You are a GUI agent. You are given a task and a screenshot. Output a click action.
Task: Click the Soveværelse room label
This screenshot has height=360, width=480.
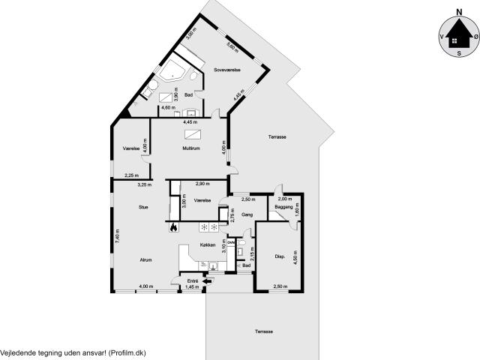226,70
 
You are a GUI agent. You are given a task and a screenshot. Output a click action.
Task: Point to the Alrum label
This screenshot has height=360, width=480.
145,259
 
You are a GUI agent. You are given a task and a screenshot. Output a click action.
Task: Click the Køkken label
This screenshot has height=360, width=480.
208,245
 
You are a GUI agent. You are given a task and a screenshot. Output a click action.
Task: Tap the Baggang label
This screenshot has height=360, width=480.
283,206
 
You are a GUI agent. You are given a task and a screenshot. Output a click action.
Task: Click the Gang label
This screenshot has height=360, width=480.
247,215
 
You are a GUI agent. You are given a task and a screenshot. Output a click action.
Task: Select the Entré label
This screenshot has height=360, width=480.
193,281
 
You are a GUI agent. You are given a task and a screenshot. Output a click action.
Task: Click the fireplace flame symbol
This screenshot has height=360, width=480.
173,226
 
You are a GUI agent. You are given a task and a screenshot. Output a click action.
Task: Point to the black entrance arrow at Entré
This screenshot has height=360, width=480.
208,281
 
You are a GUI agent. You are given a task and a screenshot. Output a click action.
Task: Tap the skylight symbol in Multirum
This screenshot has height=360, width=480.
193,133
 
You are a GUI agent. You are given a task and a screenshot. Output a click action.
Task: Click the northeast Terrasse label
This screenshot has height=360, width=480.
278,137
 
